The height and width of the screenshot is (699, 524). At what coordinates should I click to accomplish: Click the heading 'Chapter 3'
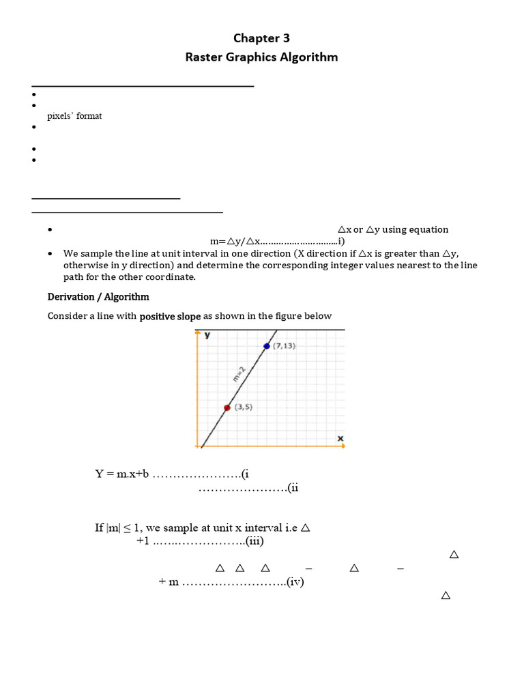tap(262, 38)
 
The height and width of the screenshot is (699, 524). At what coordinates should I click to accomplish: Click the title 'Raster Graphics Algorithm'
tap(262, 57)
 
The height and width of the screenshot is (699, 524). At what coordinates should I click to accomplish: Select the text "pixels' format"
tap(74, 116)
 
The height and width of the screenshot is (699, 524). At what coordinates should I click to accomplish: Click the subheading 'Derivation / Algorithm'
tap(98, 297)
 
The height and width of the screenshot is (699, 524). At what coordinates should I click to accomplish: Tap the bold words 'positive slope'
tap(171, 316)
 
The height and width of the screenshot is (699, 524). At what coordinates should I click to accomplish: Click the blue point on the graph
tap(267, 346)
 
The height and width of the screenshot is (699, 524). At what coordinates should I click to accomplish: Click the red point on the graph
tap(227, 408)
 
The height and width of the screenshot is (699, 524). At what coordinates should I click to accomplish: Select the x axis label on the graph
tap(340, 437)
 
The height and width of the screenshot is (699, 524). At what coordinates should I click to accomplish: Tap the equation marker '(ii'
tap(293, 487)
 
